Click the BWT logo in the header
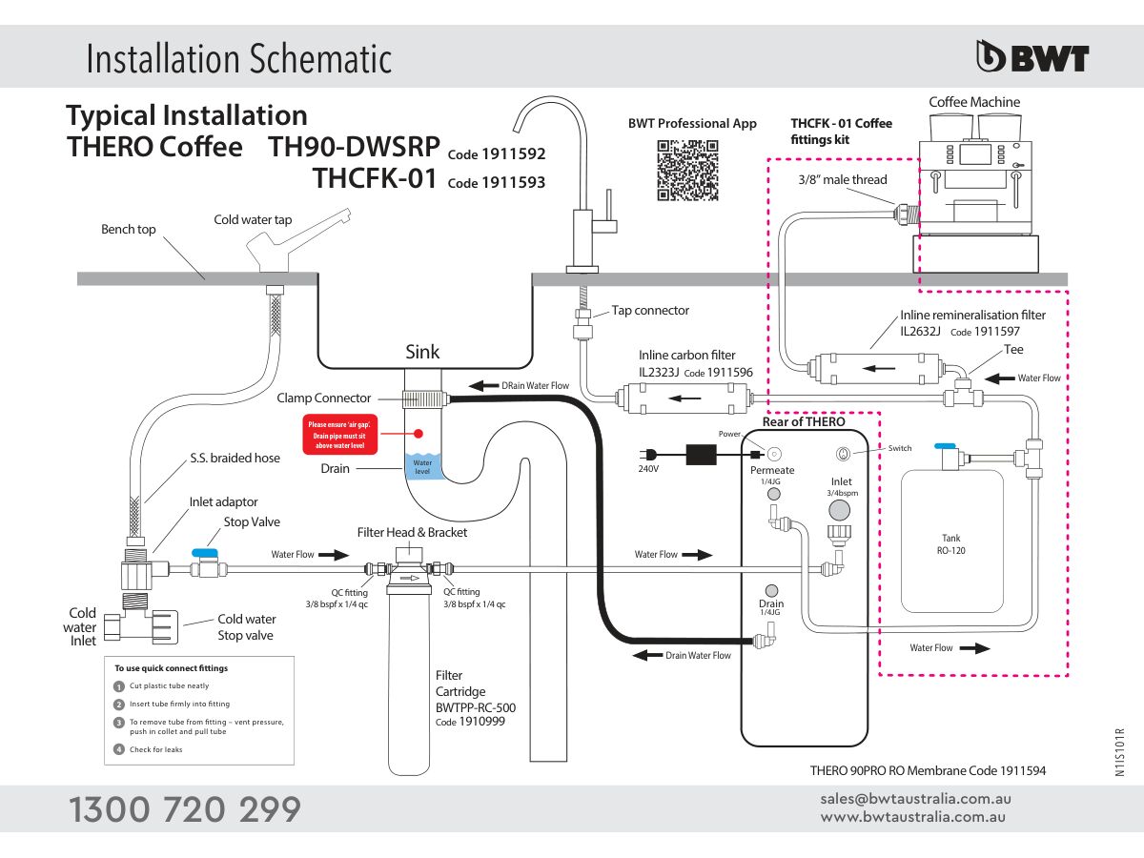coord(1032,57)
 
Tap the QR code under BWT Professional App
coord(686,170)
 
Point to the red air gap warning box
coord(341,434)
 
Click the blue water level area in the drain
coord(421,467)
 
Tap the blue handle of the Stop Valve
coord(204,552)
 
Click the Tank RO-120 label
coord(950,544)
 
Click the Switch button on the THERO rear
coord(843,454)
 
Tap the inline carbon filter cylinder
coord(681,396)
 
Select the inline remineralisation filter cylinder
coord(872,366)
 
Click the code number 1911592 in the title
coord(513,154)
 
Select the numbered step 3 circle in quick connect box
coord(119,723)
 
